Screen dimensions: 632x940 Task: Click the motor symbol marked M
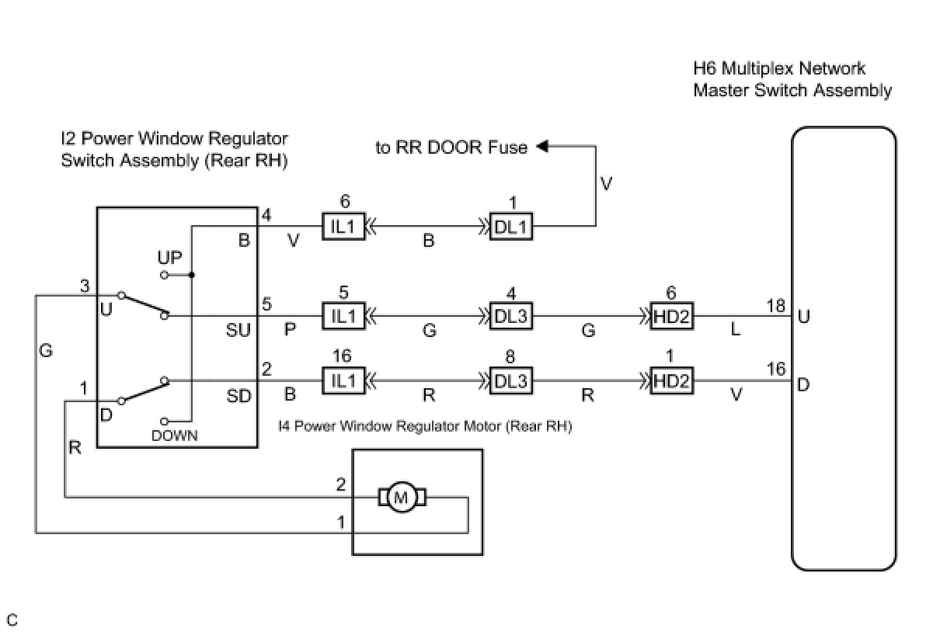402,498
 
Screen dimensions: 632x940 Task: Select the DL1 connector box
511,227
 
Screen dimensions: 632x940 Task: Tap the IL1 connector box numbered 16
343,381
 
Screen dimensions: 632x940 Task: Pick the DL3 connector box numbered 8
511,381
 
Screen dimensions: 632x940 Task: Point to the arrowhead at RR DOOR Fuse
541,146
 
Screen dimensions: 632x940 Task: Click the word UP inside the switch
169,256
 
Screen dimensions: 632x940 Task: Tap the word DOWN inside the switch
175,436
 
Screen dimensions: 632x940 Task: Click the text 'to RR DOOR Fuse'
451,147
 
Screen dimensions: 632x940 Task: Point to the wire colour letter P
291,330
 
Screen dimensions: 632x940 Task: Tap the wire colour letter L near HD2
735,330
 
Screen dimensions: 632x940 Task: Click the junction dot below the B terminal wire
192,275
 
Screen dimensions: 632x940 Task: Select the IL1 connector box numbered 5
343,318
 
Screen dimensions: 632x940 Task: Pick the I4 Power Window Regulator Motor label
425,425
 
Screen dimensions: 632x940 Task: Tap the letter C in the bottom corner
12,620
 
